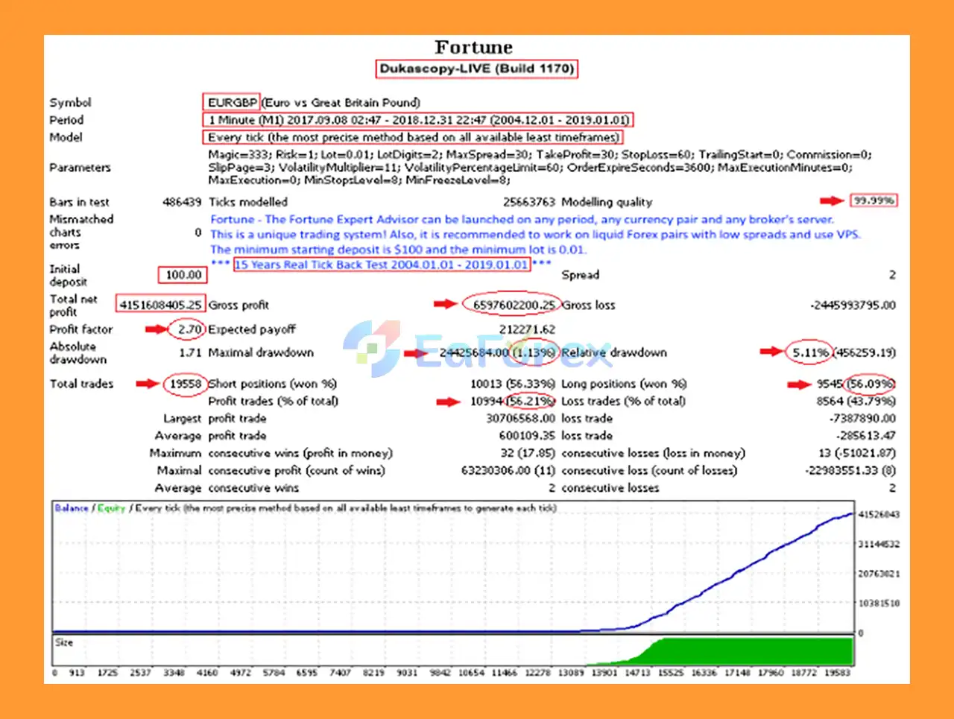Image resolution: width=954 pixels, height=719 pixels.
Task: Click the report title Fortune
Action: coord(474,48)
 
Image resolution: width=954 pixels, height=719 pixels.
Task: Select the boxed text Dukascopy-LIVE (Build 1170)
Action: coord(476,69)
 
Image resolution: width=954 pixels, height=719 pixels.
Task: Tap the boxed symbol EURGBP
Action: coord(232,103)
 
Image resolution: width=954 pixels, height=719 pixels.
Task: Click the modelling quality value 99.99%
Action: coord(874,201)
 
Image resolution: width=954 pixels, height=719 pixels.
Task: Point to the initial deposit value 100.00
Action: coord(183,275)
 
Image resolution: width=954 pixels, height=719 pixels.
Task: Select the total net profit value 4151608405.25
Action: coord(160,305)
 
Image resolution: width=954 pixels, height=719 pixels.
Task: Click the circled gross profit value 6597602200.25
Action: coord(514,305)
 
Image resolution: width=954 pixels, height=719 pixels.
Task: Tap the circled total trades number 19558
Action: coord(185,384)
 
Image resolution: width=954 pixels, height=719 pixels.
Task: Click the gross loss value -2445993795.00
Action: coord(853,305)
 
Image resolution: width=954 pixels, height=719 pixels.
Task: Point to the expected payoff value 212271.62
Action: coord(527,329)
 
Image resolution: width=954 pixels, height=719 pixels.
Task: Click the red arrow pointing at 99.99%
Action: coord(831,201)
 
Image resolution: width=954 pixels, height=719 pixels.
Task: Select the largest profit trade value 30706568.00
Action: coord(520,419)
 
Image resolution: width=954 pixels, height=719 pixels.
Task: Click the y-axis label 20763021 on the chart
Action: coord(879,574)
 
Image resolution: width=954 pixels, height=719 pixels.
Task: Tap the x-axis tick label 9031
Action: coord(407,673)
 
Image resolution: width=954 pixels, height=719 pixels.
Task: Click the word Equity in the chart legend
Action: coord(111,508)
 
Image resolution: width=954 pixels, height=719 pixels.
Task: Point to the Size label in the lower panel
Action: coord(64,642)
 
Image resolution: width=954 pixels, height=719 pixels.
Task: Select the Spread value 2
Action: coord(891,275)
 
